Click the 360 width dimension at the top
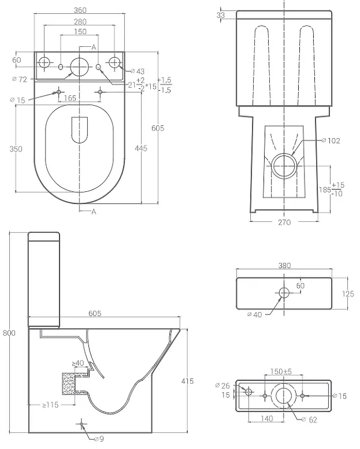(x=80, y=10)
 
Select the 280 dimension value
(x=80, y=22)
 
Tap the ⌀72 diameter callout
(x=20, y=79)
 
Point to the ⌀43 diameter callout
(x=138, y=71)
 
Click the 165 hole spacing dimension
(x=70, y=98)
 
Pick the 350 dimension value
(x=16, y=149)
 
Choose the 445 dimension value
(x=141, y=149)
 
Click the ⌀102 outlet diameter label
(x=331, y=140)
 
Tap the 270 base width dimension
(x=284, y=222)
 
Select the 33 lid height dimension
(x=221, y=15)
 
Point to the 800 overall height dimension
(x=9, y=333)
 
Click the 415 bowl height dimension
(x=188, y=381)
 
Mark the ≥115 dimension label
(x=50, y=405)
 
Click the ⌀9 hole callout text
(x=99, y=439)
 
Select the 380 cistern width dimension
(x=284, y=266)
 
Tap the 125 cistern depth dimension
(x=348, y=294)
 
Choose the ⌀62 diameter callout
(x=310, y=420)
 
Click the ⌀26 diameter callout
(x=222, y=385)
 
